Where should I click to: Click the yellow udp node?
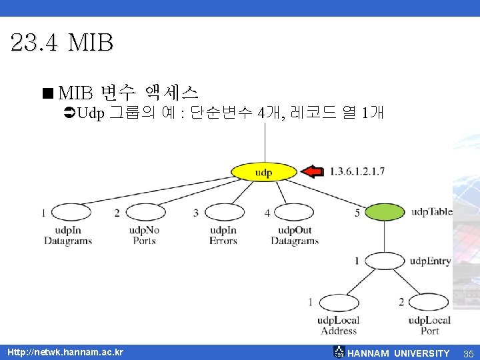[x=264, y=173]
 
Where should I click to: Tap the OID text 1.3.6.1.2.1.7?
[x=357, y=172]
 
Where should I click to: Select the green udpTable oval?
[x=385, y=213]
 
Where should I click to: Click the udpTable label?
[x=431, y=212]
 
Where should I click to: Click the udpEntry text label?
[x=430, y=261]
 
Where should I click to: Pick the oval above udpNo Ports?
[x=145, y=213]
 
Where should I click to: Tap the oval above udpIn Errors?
[x=223, y=213]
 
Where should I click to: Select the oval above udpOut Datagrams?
[x=294, y=213]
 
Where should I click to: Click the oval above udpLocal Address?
[x=338, y=303]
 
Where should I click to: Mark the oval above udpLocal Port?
[x=429, y=303]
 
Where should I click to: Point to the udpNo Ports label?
[x=144, y=236]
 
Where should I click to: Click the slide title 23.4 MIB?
[x=62, y=43]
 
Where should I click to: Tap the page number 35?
[x=468, y=353]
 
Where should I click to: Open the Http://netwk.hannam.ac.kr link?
[x=65, y=352]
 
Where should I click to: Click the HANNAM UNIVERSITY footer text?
[x=399, y=353]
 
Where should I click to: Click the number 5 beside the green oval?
[x=357, y=213]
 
